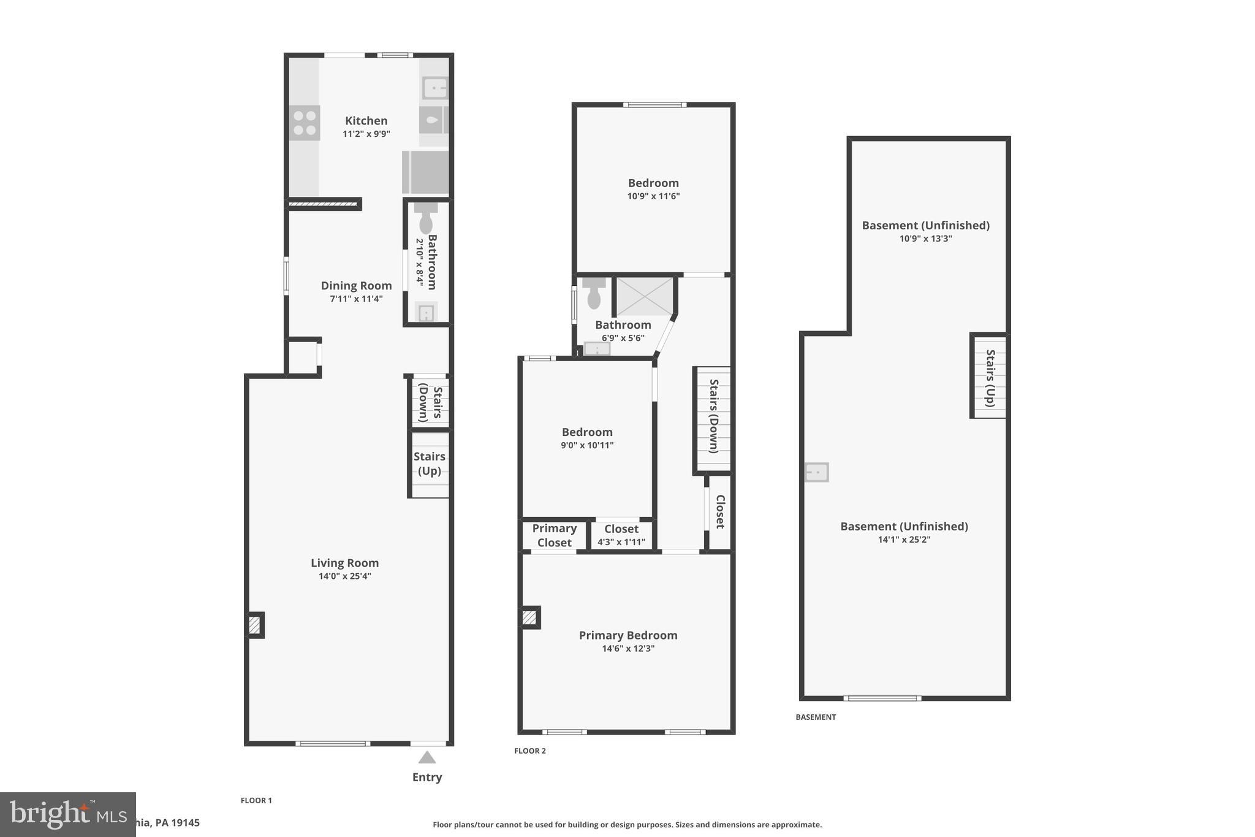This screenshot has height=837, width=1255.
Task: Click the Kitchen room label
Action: point(366,121)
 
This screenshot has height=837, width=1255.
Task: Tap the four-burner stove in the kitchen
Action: point(305,123)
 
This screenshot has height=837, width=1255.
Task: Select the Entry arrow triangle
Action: point(427,758)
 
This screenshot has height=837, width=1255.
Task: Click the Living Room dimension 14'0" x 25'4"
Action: point(344,576)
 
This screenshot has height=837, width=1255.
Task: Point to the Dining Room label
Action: point(356,286)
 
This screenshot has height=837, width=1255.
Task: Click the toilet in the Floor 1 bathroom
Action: point(425,221)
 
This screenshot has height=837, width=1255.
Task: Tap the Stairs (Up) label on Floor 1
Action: point(429,464)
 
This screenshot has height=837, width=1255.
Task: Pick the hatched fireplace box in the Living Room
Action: point(255,625)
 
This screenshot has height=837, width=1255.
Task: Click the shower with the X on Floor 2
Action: point(643,296)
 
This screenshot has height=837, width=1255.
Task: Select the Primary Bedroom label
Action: point(628,635)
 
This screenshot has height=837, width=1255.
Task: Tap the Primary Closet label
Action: point(554,535)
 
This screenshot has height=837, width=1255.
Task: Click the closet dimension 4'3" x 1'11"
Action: point(621,542)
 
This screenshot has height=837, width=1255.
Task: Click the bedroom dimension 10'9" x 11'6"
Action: point(653,196)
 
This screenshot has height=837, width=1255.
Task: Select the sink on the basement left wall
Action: point(816,472)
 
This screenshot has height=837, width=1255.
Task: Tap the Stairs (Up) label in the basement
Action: point(990,378)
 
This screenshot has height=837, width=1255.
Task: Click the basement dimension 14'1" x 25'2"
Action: point(904,540)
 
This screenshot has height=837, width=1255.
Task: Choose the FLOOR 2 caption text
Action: point(529,751)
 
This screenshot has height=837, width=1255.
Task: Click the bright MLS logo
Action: point(67,814)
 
